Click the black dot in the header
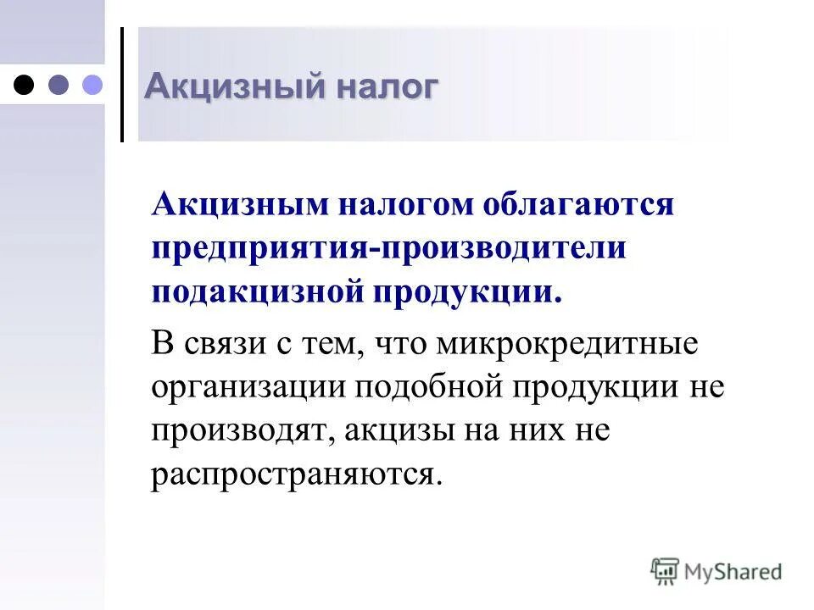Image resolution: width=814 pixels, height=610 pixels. click(x=25, y=84)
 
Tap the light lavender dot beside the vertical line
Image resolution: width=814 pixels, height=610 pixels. click(x=91, y=84)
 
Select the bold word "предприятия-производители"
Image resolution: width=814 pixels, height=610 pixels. click(x=389, y=249)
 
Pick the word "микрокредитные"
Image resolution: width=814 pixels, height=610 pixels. click(x=567, y=344)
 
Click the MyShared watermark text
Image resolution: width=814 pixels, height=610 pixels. click(x=733, y=572)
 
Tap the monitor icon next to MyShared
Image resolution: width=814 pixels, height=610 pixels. click(x=666, y=571)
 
